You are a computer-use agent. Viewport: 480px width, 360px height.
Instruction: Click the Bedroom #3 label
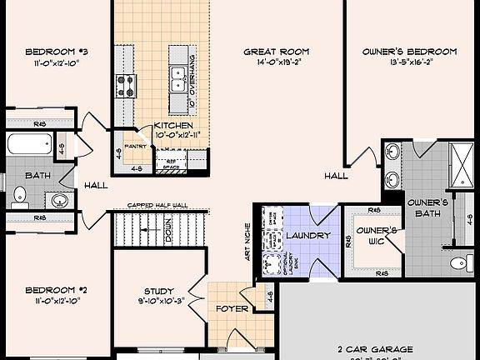pos(57,51)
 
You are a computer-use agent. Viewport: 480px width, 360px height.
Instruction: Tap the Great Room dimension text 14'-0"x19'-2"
pos(265,62)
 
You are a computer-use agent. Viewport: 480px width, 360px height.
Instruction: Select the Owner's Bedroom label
pos(409,51)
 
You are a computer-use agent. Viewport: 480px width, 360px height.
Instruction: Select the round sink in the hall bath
pos(59,200)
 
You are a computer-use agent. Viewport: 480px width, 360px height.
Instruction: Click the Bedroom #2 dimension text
pos(57,302)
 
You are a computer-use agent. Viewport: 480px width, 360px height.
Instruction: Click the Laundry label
pos(307,236)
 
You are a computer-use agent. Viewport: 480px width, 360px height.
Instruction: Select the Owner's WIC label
pos(374,235)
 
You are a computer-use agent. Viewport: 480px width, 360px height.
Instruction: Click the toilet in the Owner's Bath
pos(457,264)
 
